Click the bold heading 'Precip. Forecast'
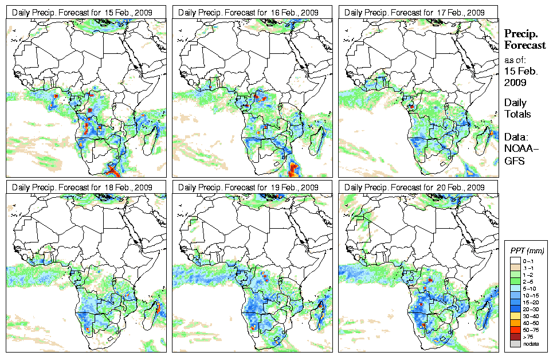pos(524,40)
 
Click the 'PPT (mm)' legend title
pos(527,251)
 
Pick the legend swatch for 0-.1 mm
pos(515,260)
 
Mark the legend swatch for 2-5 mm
pos(515,281)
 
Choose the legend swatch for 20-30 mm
pos(515,309)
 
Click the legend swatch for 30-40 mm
pos(515,316)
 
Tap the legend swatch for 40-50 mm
pos(515,323)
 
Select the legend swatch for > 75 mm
pos(515,336)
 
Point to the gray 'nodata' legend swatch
pos(515,343)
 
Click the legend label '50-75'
pos(531,330)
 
